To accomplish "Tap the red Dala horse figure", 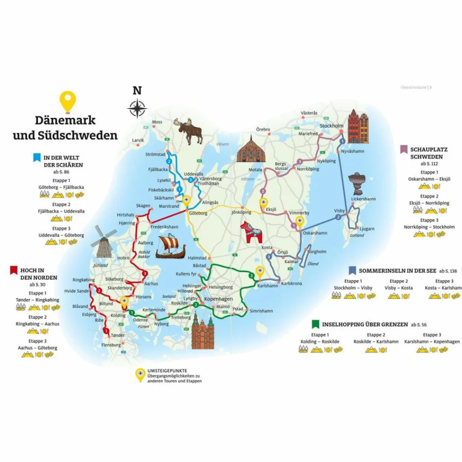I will pyautogui.click(x=251, y=232).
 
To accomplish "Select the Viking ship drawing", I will pyautogui.click(x=170, y=247).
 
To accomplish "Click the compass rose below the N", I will pyautogui.click(x=137, y=109).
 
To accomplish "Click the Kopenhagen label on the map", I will pyautogui.click(x=218, y=300).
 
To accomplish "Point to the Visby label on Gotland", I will pyautogui.click(x=339, y=211).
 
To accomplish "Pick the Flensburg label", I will pyautogui.click(x=111, y=345).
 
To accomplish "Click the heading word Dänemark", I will pyautogui.click(x=65, y=120).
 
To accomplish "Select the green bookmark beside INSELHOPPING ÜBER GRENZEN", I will pyautogui.click(x=315, y=324).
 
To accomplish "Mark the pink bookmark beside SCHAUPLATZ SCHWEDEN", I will pyautogui.click(x=404, y=149).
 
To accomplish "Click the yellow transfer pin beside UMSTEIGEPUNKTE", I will pyautogui.click(x=140, y=374).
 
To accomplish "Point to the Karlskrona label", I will pyautogui.click(x=291, y=283).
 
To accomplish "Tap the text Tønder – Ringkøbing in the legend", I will pyautogui.click(x=37, y=300).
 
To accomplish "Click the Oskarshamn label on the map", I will pyautogui.click(x=315, y=233).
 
